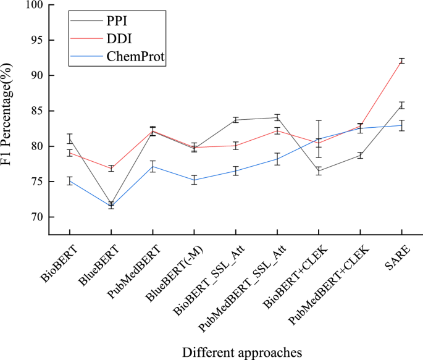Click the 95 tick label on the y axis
click(x=38, y=40)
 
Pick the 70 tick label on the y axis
click(x=38, y=217)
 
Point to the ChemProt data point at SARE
click(x=401, y=125)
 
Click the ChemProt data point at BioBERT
click(x=69, y=181)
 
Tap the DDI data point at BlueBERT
click(x=111, y=168)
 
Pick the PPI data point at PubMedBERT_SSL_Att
click(x=277, y=117)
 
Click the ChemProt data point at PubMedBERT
click(x=153, y=166)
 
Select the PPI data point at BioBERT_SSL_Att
click(x=235, y=120)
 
